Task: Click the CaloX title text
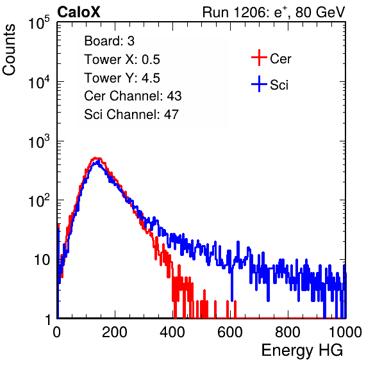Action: pyautogui.click(x=78, y=12)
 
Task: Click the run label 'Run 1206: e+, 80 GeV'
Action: pyautogui.click(x=274, y=12)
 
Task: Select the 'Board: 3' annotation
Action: pyautogui.click(x=109, y=41)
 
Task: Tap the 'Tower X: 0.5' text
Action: pyautogui.click(x=122, y=60)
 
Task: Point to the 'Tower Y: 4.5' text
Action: pyautogui.click(x=122, y=78)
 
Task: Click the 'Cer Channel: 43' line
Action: pyautogui.click(x=133, y=96)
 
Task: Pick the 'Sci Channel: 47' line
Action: pyautogui.click(x=131, y=115)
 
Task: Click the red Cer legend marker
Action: pyautogui.click(x=259, y=58)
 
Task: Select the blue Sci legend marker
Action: pyautogui.click(x=259, y=84)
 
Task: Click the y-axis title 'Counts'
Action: pyautogui.click(x=9, y=50)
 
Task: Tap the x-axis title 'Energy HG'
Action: pyautogui.click(x=302, y=350)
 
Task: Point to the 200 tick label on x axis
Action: pyautogui.click(x=115, y=332)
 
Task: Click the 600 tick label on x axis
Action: pyautogui.click(x=230, y=332)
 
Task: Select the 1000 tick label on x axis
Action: pyautogui.click(x=345, y=332)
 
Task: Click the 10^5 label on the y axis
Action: pyautogui.click(x=39, y=22)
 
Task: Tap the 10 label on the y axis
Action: pyautogui.click(x=42, y=260)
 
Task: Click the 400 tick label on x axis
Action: pyautogui.click(x=172, y=332)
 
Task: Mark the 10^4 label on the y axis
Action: pyautogui.click(x=39, y=82)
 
